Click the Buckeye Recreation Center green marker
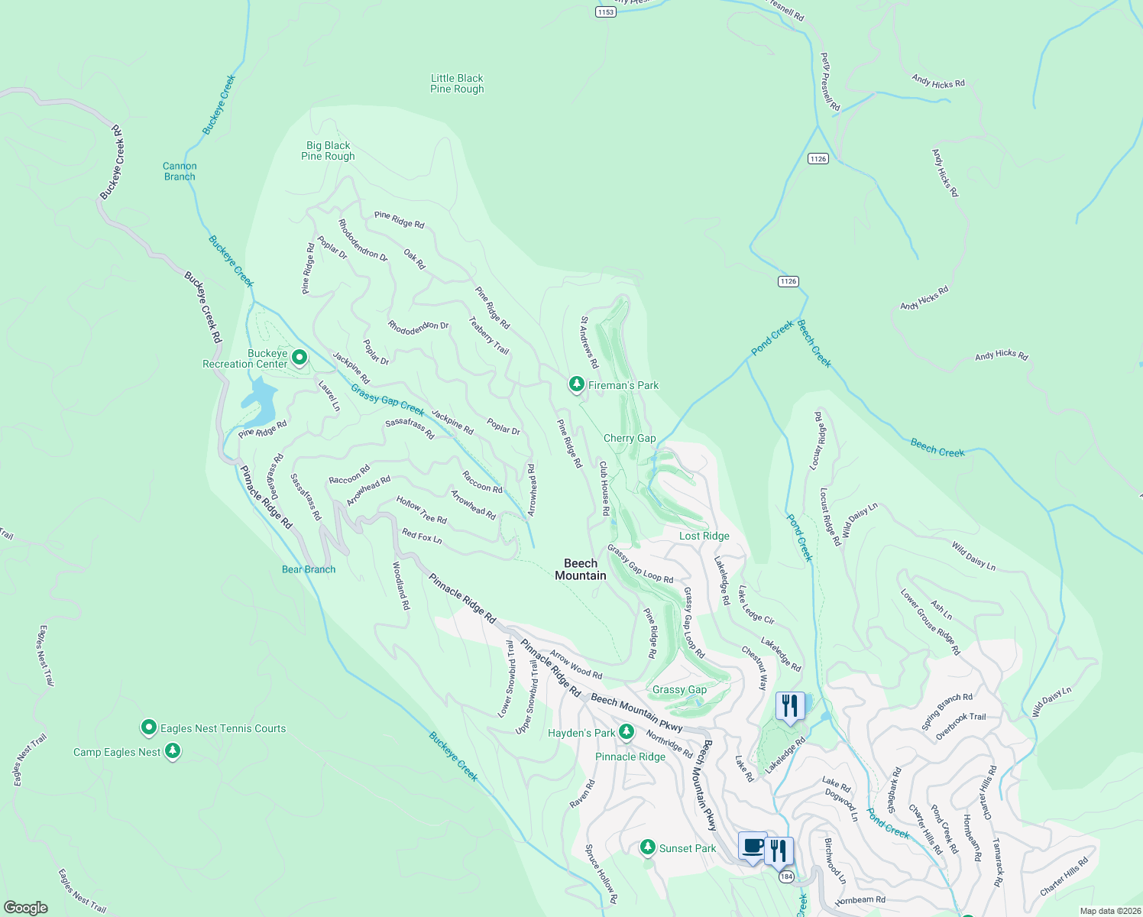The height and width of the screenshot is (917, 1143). pos(300,357)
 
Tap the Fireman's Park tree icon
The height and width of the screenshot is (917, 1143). pos(577,384)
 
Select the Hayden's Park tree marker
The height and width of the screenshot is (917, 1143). pos(626,732)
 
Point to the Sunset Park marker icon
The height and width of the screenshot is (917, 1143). pos(648,847)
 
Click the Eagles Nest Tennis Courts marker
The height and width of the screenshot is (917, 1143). pos(149,727)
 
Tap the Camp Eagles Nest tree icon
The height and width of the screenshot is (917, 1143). pos(173,751)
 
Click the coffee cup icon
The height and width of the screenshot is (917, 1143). pos(753,847)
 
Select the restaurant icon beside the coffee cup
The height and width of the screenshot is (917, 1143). pos(779,850)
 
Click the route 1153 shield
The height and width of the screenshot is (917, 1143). pos(605,11)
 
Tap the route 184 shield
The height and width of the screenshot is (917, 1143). pos(787,876)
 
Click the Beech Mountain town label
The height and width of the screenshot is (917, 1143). pos(581,569)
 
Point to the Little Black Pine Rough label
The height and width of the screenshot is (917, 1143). pos(457,83)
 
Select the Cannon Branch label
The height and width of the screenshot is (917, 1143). pos(180,171)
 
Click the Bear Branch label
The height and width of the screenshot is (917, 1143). pos(309,569)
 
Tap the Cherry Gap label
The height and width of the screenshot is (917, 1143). pos(630,438)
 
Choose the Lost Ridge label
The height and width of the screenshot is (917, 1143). pos(704,536)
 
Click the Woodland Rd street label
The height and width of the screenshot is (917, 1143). pos(401,585)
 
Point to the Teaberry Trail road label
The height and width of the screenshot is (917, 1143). pos(489,335)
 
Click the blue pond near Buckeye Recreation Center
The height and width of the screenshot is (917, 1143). pos(258,401)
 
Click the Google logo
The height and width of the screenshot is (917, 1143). pos(26,907)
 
